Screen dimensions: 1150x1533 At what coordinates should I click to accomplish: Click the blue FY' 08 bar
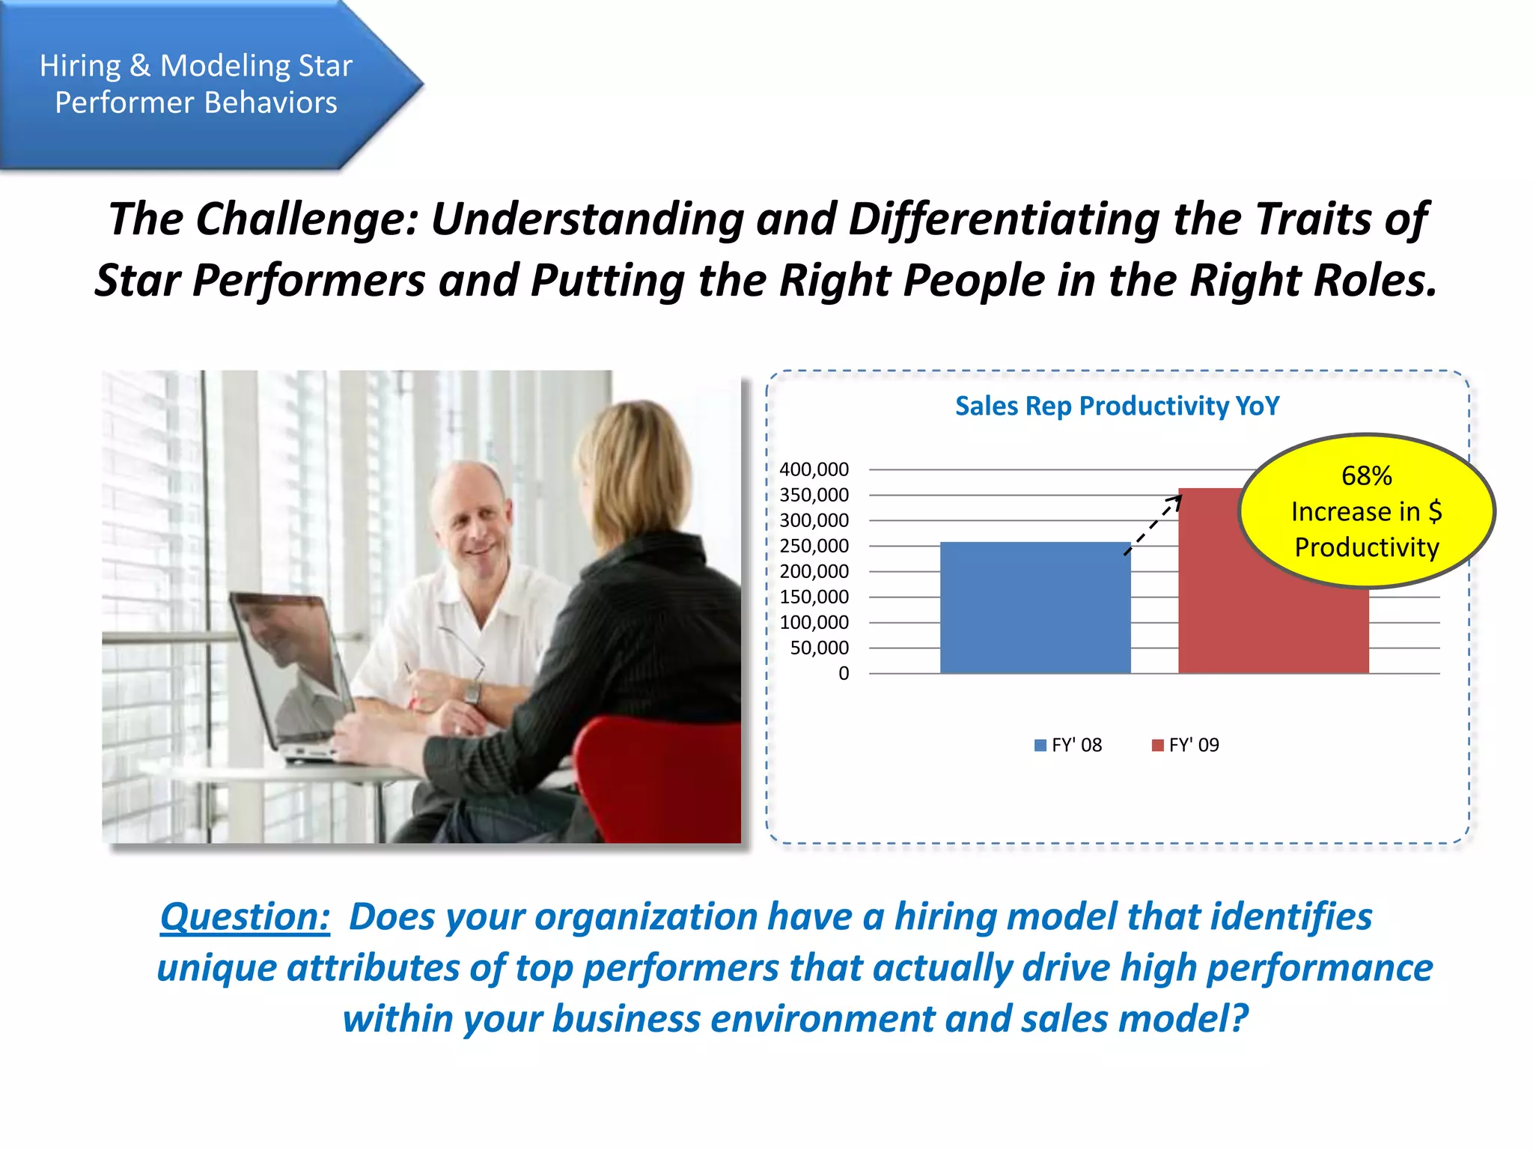[x=1034, y=607]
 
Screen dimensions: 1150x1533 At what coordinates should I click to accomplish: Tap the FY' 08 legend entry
[x=1068, y=745]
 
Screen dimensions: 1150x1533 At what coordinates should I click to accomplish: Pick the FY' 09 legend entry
[x=1186, y=745]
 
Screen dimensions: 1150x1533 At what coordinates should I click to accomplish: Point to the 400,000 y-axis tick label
[x=814, y=469]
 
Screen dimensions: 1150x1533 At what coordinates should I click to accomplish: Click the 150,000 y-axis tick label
[x=814, y=597]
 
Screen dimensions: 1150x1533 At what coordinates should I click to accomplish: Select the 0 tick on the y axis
[x=844, y=673]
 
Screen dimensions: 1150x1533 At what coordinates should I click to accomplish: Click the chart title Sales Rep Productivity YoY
[x=1117, y=406]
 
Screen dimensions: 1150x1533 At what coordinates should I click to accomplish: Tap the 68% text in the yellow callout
[x=1366, y=475]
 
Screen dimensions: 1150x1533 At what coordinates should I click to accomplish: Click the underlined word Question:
[x=245, y=916]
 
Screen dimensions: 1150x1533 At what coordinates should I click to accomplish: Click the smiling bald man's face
[x=472, y=524]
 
